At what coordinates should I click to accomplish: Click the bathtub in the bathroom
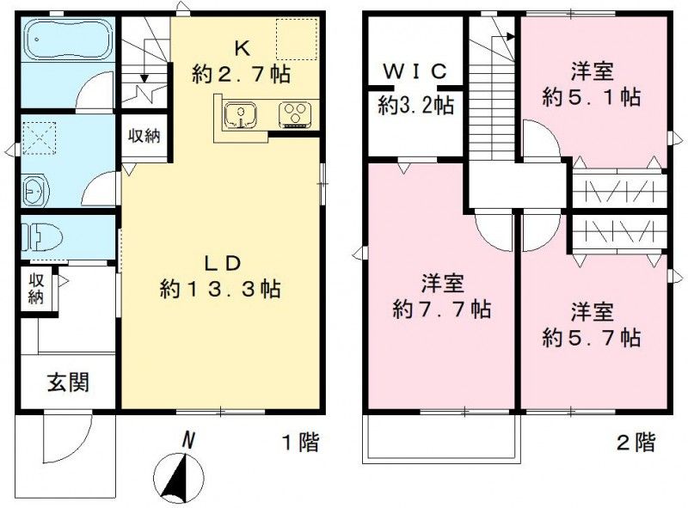point(65,40)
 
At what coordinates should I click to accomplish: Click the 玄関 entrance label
point(68,382)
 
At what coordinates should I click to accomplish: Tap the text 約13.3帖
point(219,289)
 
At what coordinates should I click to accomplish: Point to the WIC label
point(416,71)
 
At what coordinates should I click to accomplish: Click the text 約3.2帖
point(416,106)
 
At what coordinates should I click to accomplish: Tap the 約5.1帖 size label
point(591,97)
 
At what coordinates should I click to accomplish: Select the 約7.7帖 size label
point(442,309)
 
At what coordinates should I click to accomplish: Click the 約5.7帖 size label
point(592,335)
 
